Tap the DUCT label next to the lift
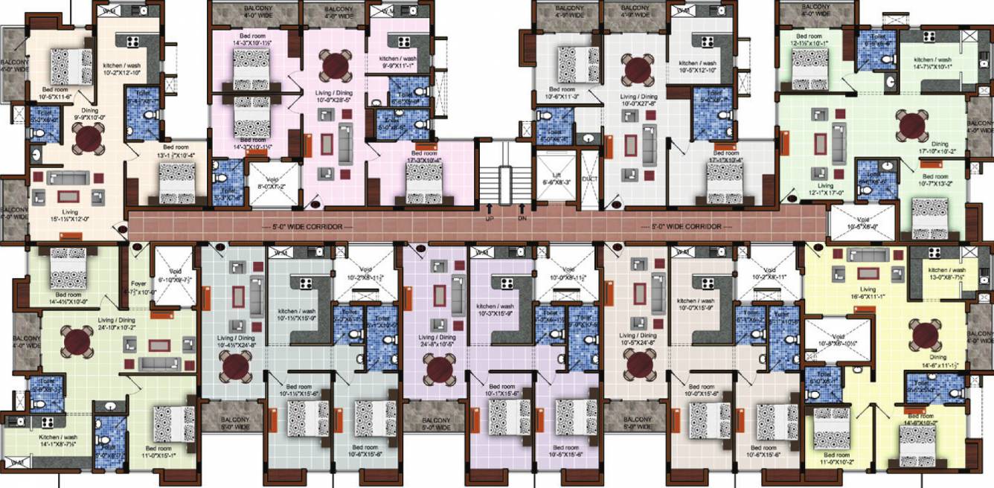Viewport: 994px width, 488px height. click(x=589, y=179)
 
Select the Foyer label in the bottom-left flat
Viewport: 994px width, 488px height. click(x=138, y=283)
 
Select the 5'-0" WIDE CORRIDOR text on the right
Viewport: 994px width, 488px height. click(x=687, y=225)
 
